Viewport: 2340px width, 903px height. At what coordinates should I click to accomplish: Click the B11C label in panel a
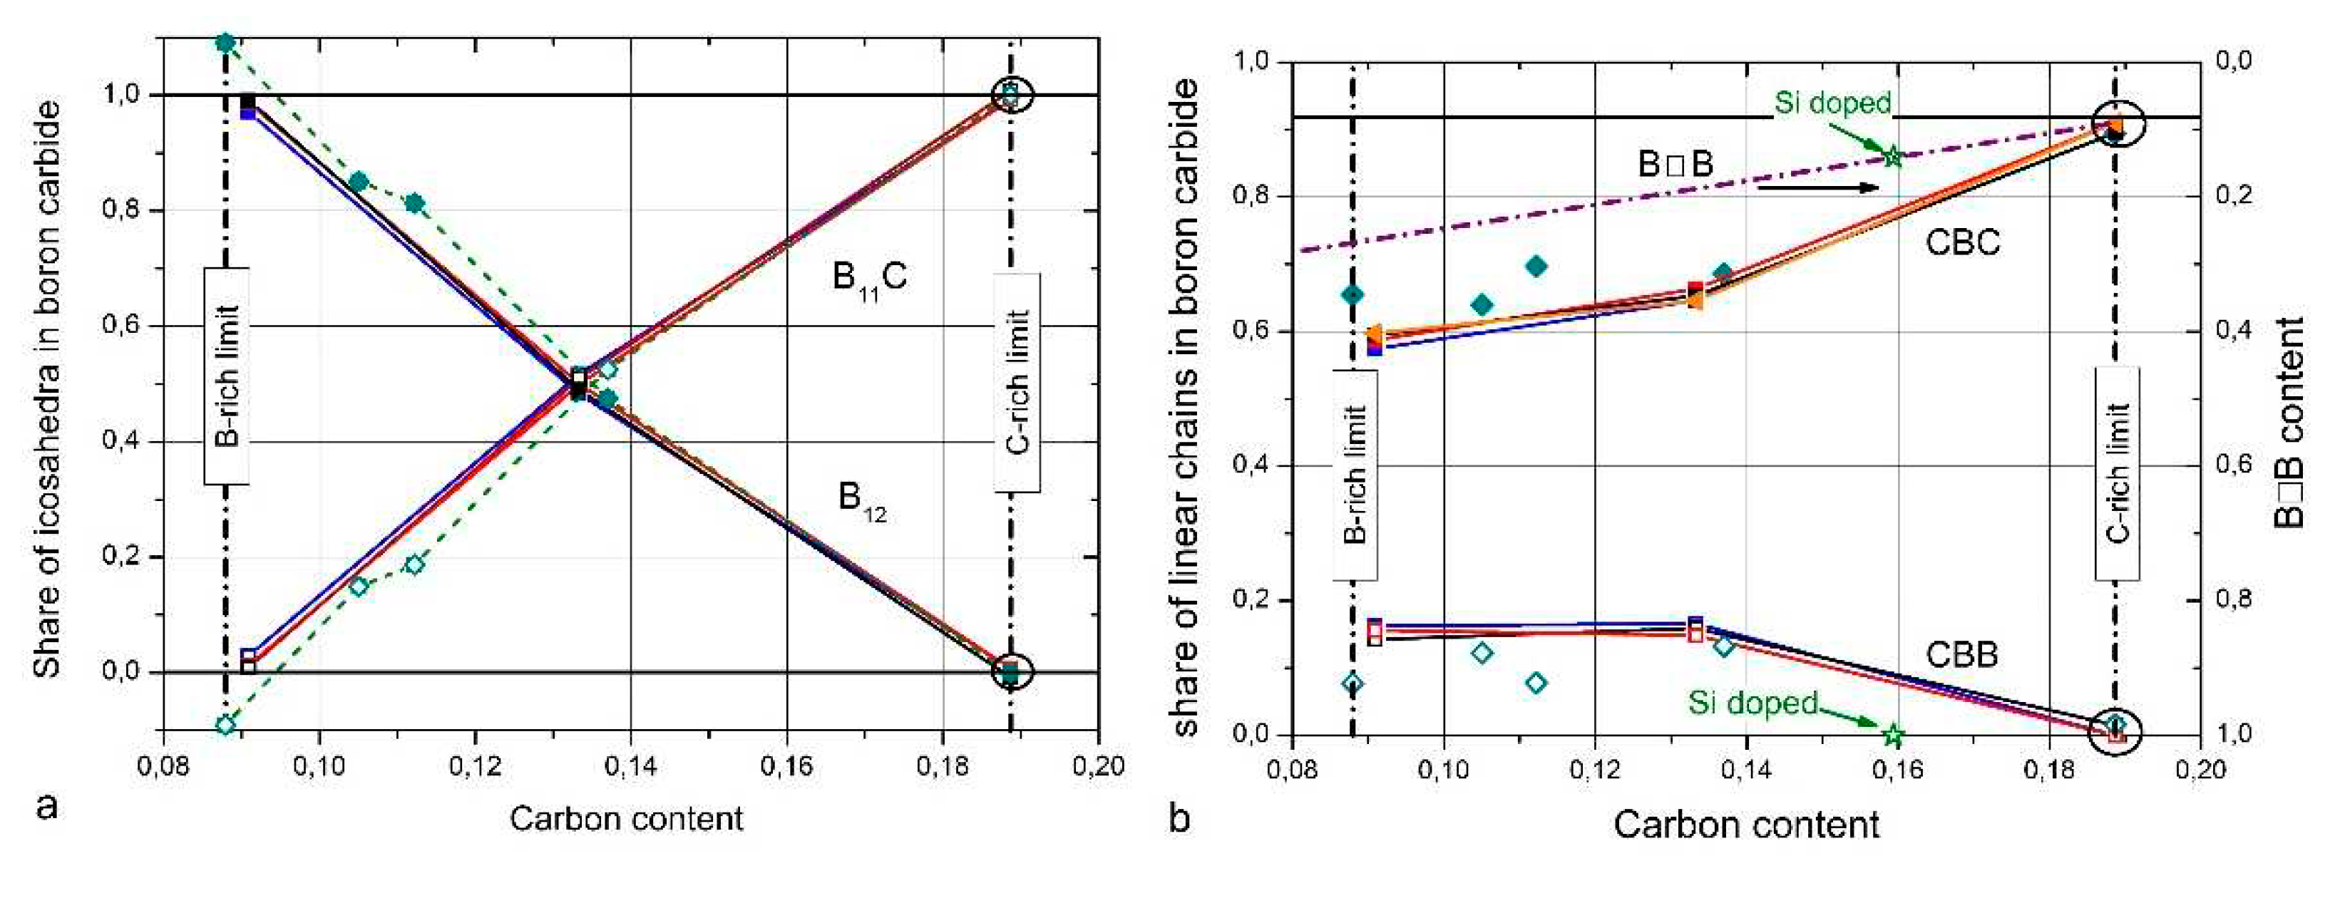click(x=868, y=277)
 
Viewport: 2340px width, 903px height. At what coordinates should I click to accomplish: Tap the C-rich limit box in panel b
click(x=2117, y=473)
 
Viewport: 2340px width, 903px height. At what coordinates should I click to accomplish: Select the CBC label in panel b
click(x=1962, y=242)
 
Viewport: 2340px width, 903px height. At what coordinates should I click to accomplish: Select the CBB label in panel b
click(x=1961, y=654)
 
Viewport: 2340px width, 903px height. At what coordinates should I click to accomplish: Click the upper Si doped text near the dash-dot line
click(x=1832, y=103)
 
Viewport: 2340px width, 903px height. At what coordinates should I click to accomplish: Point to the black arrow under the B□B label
click(x=1817, y=187)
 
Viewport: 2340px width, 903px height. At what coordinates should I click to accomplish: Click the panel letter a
click(x=46, y=805)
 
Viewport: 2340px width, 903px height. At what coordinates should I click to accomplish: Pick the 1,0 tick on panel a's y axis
click(x=123, y=95)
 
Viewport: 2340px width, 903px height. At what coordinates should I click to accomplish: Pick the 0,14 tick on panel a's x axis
click(x=629, y=766)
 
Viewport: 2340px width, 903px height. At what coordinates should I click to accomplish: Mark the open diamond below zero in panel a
click(x=225, y=724)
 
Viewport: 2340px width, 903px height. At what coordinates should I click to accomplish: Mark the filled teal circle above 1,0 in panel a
click(x=225, y=42)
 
